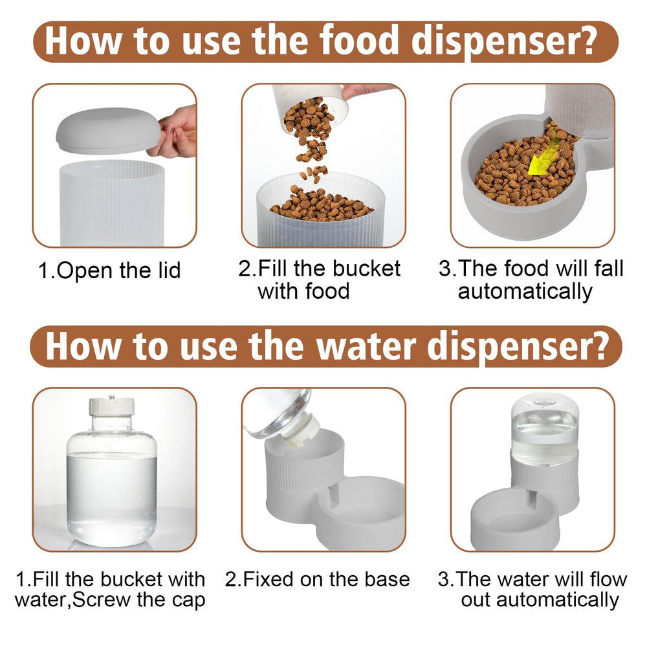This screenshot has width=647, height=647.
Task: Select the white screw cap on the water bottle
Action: coord(111,406)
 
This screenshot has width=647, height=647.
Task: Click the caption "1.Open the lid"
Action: coord(109,270)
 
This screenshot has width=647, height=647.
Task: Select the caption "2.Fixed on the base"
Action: coord(317,579)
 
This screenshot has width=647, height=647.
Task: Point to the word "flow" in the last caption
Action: coord(609,579)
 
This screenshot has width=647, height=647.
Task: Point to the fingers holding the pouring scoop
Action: coord(367,91)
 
